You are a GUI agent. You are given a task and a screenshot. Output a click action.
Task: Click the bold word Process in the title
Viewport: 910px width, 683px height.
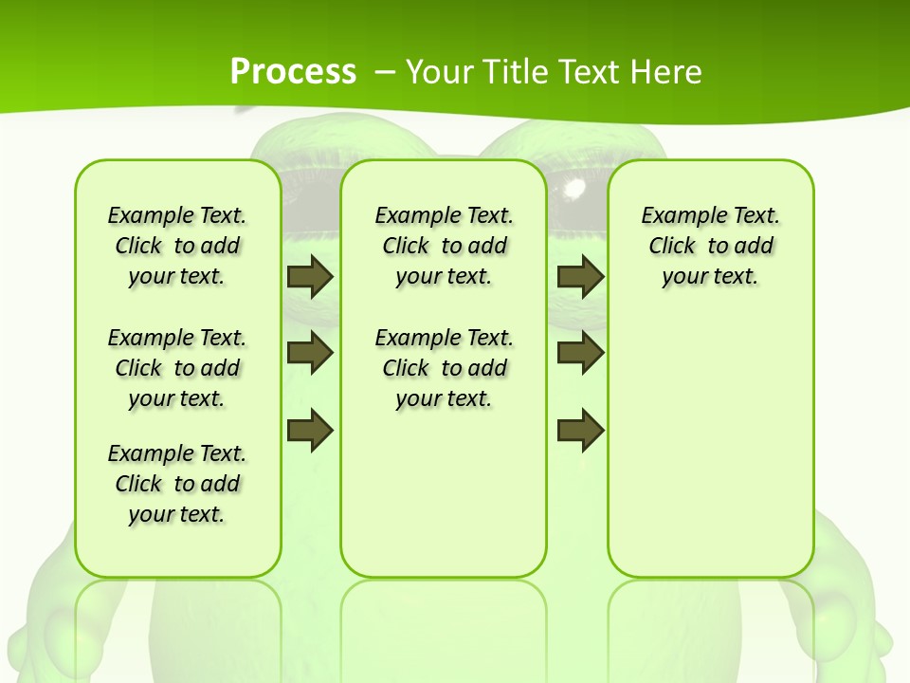293,72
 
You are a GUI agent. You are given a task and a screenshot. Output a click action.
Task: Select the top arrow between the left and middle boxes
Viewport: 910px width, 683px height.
310,277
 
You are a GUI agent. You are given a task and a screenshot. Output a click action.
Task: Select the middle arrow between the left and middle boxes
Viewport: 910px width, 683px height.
310,353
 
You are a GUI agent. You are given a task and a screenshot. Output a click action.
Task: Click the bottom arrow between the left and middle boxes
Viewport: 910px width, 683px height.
310,431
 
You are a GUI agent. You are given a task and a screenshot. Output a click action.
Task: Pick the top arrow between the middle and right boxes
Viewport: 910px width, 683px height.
581,277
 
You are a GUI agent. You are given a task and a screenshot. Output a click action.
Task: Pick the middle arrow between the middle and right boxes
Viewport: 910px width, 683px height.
581,353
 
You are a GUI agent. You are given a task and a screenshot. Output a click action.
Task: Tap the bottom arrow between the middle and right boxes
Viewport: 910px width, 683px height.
581,431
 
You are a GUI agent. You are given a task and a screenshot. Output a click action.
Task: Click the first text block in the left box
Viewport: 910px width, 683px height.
177,246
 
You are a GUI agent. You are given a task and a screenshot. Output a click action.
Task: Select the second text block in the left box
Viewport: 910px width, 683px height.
177,368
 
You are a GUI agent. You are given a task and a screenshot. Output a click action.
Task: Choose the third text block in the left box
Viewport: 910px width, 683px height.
177,484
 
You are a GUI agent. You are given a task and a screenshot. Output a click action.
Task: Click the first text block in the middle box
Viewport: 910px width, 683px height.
444,246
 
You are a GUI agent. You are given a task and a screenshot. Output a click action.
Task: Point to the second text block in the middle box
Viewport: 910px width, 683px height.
444,368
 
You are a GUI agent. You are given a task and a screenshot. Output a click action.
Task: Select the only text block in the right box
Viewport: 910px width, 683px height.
710,246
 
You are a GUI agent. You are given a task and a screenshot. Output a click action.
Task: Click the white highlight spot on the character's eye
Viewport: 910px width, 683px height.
574,189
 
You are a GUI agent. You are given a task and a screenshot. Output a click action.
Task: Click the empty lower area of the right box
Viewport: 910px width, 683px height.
710,455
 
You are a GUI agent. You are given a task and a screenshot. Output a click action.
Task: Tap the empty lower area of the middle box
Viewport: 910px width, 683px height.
444,493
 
